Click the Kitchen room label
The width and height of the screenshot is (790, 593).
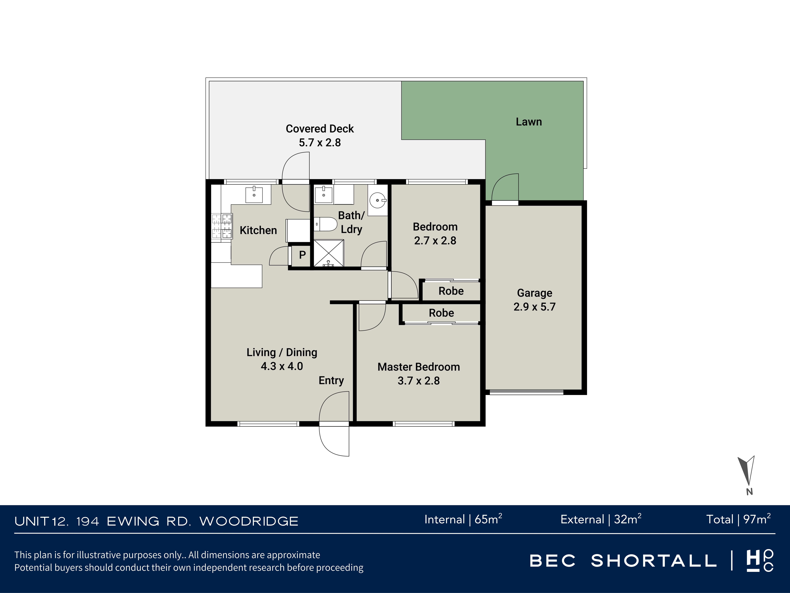(x=258, y=230)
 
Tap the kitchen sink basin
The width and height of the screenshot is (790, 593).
(x=254, y=195)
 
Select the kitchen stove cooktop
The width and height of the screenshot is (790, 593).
(x=222, y=226)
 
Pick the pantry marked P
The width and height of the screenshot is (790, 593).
(x=302, y=255)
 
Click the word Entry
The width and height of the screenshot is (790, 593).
(x=331, y=380)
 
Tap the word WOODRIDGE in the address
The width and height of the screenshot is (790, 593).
(x=249, y=521)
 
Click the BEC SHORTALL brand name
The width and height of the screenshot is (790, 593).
(x=623, y=561)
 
